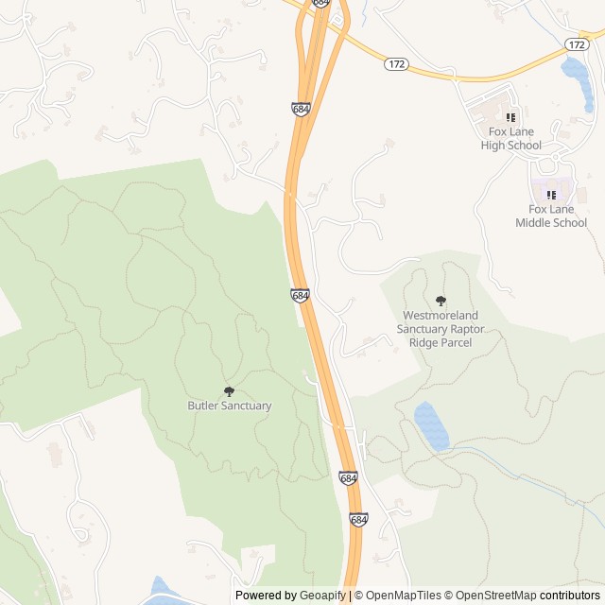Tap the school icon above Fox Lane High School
(510, 117)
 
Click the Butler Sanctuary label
(229, 406)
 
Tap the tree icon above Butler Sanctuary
(229, 390)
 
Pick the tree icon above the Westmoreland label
(441, 301)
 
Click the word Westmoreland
(441, 315)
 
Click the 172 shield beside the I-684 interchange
(396, 63)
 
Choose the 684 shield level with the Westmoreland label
(300, 296)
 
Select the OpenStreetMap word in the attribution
(497, 596)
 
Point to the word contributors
(570, 596)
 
